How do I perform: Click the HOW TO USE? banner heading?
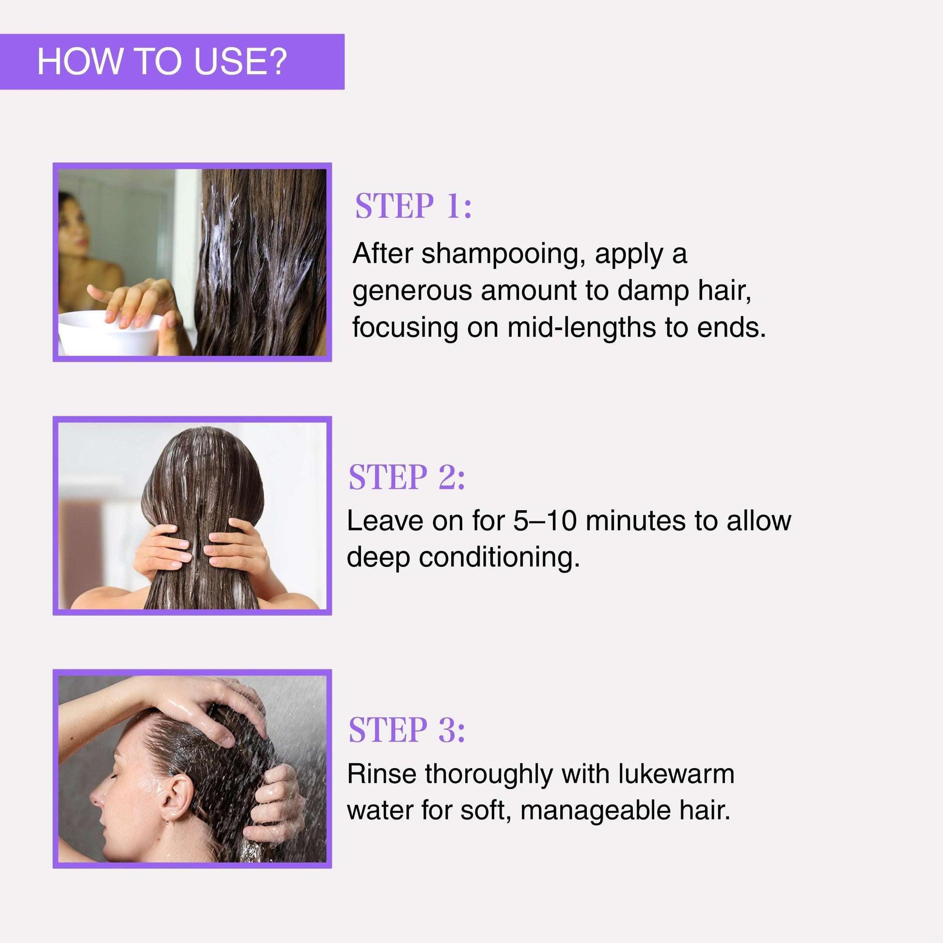(162, 62)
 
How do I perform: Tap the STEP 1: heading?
(413, 206)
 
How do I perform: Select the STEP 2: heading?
(407, 477)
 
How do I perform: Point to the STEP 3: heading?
(407, 730)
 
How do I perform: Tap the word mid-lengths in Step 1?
(582, 328)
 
